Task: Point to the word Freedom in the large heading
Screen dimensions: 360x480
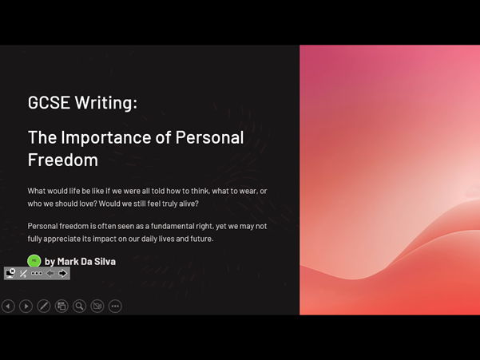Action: (62, 160)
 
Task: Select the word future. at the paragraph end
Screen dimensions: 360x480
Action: (196, 239)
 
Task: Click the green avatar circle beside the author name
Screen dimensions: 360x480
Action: (34, 261)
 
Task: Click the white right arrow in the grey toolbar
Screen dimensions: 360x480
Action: (62, 273)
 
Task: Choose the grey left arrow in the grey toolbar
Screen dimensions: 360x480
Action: (50, 273)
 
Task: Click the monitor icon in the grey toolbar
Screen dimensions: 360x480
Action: (10, 273)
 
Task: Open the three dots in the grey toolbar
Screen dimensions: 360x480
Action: (37, 273)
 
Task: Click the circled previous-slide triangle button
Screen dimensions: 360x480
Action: (8, 306)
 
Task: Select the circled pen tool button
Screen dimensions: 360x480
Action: (44, 306)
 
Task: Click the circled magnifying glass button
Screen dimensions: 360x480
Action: (80, 306)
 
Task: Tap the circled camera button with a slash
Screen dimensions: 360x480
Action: (97, 306)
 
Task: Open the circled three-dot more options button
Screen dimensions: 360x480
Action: (115, 306)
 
